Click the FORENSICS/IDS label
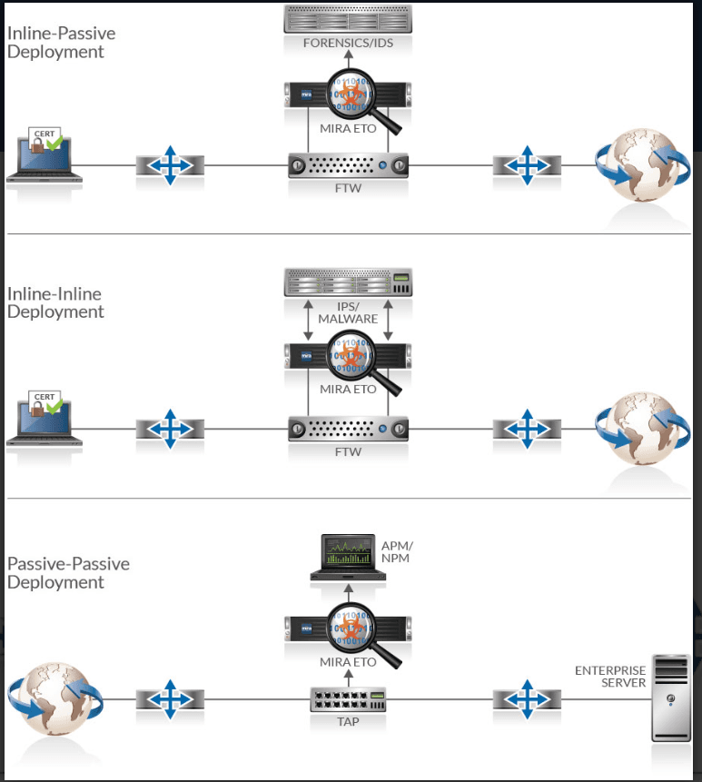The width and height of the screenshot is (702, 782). tap(348, 43)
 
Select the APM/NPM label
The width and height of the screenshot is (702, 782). tap(396, 552)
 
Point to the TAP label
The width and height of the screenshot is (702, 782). tap(349, 723)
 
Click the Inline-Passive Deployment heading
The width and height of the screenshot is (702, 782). tap(62, 43)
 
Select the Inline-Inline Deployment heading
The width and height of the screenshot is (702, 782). tap(55, 302)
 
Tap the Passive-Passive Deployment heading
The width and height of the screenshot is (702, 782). tap(68, 572)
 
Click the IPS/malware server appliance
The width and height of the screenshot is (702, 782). tap(348, 282)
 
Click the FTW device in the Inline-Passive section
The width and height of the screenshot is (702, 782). tap(349, 165)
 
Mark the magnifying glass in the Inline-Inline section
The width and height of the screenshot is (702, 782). tap(358, 361)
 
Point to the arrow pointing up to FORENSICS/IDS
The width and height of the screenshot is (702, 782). tap(348, 64)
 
